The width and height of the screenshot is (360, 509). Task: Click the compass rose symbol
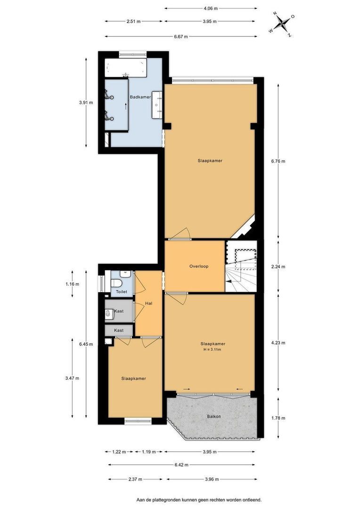coord(281,24)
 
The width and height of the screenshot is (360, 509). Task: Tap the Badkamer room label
coord(140,97)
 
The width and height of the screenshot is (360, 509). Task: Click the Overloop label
coord(199,266)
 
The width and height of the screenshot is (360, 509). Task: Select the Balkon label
coord(214,417)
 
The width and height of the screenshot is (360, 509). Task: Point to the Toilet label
coord(122,292)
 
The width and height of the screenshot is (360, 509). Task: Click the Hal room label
coord(149,304)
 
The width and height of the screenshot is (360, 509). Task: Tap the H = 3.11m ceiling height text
coord(213,350)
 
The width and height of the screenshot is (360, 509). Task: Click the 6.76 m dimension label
coord(278,161)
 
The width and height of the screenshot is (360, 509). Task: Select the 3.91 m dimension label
coord(86,103)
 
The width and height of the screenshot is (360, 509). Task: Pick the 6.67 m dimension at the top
coord(181,37)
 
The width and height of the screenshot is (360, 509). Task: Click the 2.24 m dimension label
coord(278,267)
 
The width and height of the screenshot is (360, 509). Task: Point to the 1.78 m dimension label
coord(278,418)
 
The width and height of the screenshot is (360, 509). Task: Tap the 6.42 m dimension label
coord(181,465)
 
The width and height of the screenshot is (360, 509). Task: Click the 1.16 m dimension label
coord(72,284)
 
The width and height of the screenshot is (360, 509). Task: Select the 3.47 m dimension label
coord(72,378)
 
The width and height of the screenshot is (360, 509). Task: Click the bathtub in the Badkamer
coord(126,67)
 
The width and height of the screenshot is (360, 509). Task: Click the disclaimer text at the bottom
coord(199,500)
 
